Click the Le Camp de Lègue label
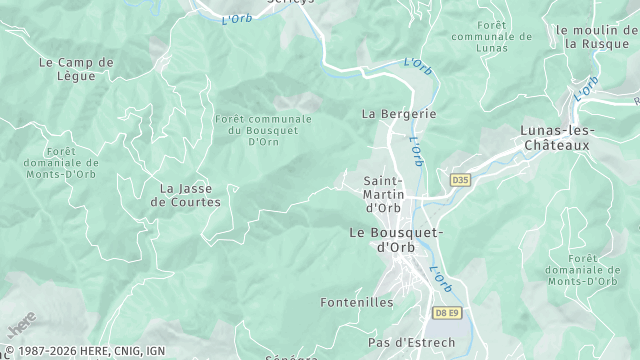76,69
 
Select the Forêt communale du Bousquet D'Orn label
262,130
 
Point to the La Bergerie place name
398,114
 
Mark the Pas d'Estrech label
411,343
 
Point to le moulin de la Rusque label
597,37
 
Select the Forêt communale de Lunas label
492,37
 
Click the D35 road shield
460,180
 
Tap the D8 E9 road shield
447,313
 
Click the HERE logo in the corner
20,325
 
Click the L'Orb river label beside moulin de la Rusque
587,87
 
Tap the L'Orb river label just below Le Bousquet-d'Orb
441,279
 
